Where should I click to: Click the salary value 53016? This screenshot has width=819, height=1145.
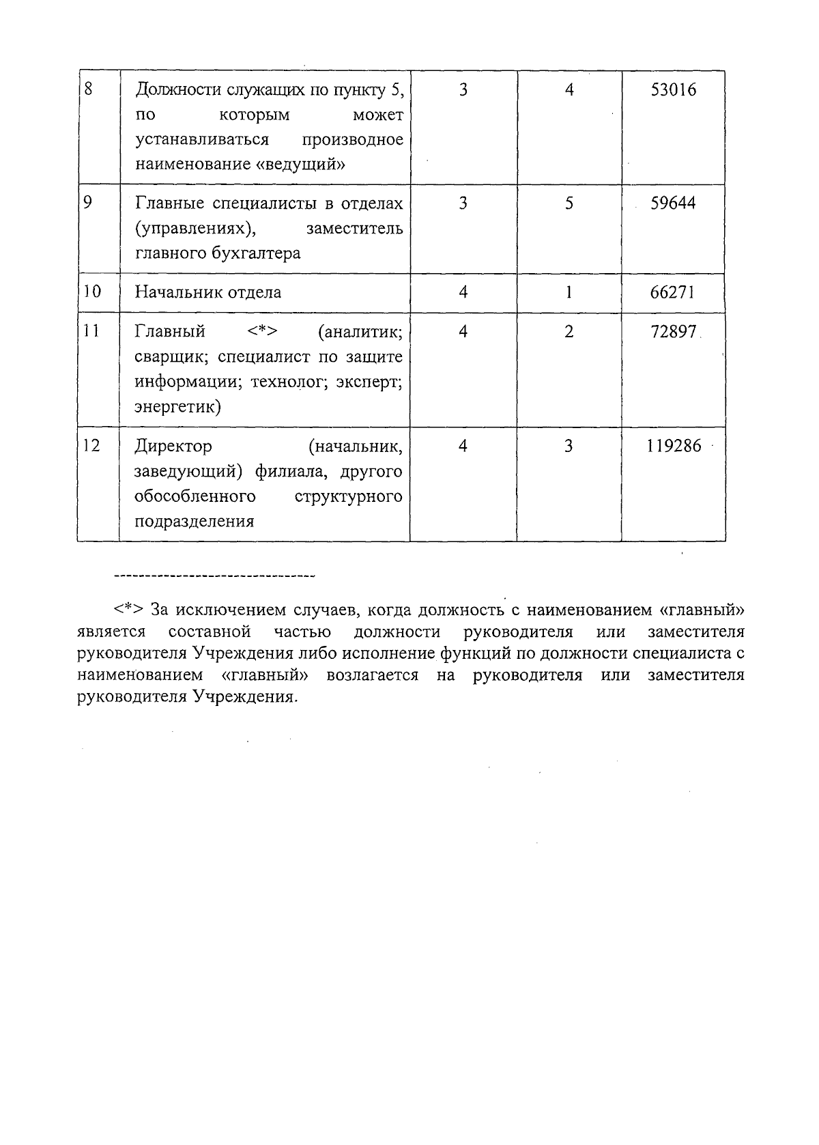point(673,90)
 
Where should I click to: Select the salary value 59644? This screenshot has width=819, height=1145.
point(673,203)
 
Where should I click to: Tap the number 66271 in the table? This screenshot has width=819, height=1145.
point(673,292)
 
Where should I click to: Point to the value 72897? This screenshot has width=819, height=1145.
point(673,332)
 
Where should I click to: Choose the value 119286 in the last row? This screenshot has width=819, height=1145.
point(674,446)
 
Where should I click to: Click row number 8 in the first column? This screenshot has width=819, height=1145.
point(88,89)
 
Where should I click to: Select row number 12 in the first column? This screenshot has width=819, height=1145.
point(91,446)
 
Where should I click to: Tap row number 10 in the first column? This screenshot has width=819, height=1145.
point(91,292)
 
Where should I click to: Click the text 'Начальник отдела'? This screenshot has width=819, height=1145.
point(208,292)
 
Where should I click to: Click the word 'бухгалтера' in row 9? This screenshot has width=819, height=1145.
point(261,253)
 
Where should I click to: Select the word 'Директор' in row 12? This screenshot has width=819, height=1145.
point(173,446)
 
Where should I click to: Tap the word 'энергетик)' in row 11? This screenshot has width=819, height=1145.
point(177,407)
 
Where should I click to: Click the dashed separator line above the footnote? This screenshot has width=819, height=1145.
point(214,577)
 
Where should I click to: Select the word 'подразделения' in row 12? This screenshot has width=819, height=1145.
point(195,522)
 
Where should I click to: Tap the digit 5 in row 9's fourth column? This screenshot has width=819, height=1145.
point(569,203)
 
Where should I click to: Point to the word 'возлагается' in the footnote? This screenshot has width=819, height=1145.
point(373,675)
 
